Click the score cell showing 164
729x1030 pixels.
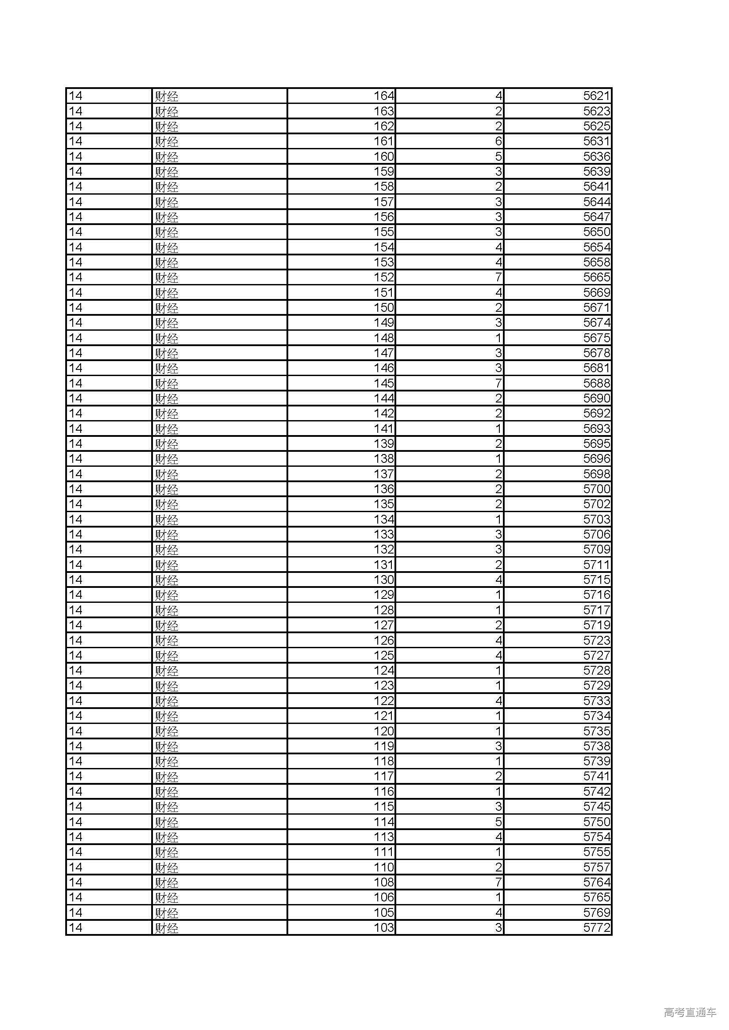point(384,96)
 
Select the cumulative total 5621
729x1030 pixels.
point(597,96)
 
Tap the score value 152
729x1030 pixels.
point(384,277)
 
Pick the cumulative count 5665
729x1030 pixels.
point(597,277)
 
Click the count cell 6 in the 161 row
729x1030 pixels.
point(498,141)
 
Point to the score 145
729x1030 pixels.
point(384,383)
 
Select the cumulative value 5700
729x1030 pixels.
point(597,489)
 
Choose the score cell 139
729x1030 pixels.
point(384,444)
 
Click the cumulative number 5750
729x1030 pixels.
point(597,822)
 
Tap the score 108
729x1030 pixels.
point(384,882)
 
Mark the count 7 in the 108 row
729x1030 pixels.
point(498,882)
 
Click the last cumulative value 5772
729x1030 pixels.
point(597,928)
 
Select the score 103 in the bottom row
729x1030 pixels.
point(384,928)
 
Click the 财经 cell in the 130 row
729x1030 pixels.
point(167,580)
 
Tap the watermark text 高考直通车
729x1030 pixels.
point(690,1012)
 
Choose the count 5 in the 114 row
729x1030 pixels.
point(498,822)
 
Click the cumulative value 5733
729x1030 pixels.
point(597,701)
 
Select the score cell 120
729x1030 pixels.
point(384,731)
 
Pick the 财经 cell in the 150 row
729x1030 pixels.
point(167,308)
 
